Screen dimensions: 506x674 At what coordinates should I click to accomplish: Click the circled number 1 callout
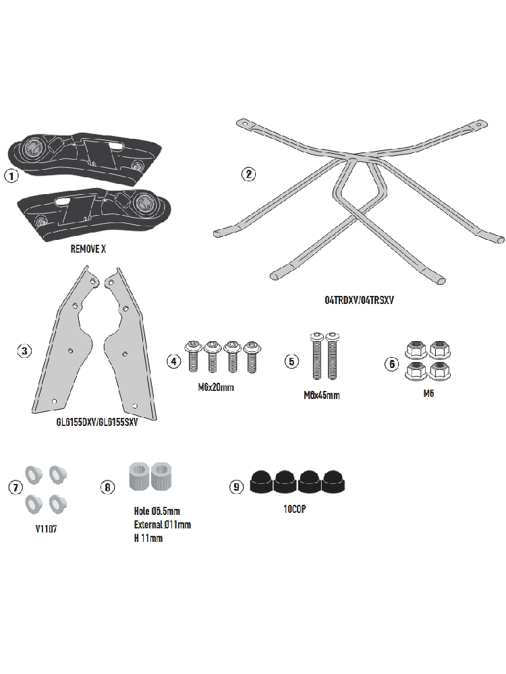11,176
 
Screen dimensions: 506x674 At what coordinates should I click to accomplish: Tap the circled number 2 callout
248,174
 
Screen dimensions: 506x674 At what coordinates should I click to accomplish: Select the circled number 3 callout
24,350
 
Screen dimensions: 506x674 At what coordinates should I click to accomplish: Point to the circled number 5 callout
291,361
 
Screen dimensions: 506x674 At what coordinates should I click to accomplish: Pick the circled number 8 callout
107,487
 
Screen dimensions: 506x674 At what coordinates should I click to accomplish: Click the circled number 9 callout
236,487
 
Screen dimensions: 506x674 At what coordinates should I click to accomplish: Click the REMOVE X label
88,249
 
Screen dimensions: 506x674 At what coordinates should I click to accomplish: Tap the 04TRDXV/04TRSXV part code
360,300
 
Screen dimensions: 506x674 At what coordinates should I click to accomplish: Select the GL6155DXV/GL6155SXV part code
97,422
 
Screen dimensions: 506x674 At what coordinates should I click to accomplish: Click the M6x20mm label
216,388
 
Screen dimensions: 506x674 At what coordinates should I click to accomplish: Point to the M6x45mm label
322,395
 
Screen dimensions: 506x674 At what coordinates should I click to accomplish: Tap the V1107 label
46,528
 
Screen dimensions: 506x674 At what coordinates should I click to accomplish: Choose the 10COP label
295,509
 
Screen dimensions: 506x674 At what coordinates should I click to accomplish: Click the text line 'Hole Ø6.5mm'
157,511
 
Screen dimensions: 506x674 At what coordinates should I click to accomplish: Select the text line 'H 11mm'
148,538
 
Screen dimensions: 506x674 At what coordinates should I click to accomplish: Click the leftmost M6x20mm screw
193,357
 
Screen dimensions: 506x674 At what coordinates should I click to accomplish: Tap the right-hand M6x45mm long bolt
332,357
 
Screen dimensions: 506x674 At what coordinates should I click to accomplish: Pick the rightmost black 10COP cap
334,482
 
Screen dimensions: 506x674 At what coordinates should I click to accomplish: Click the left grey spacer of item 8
139,477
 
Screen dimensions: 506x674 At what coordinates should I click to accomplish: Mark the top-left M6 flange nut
416,350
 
